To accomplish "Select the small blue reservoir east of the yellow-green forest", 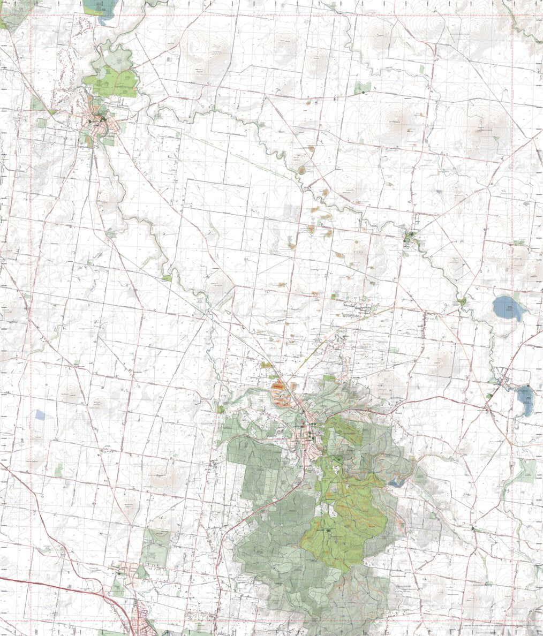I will point(397,482).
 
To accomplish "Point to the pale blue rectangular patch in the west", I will point(40,414).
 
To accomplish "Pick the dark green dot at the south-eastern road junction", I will point(473,528).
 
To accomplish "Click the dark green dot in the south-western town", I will point(118,573).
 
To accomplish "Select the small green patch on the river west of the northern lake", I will point(462,302).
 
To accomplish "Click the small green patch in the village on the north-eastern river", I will point(411,236).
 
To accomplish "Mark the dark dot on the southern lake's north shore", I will point(528,386).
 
